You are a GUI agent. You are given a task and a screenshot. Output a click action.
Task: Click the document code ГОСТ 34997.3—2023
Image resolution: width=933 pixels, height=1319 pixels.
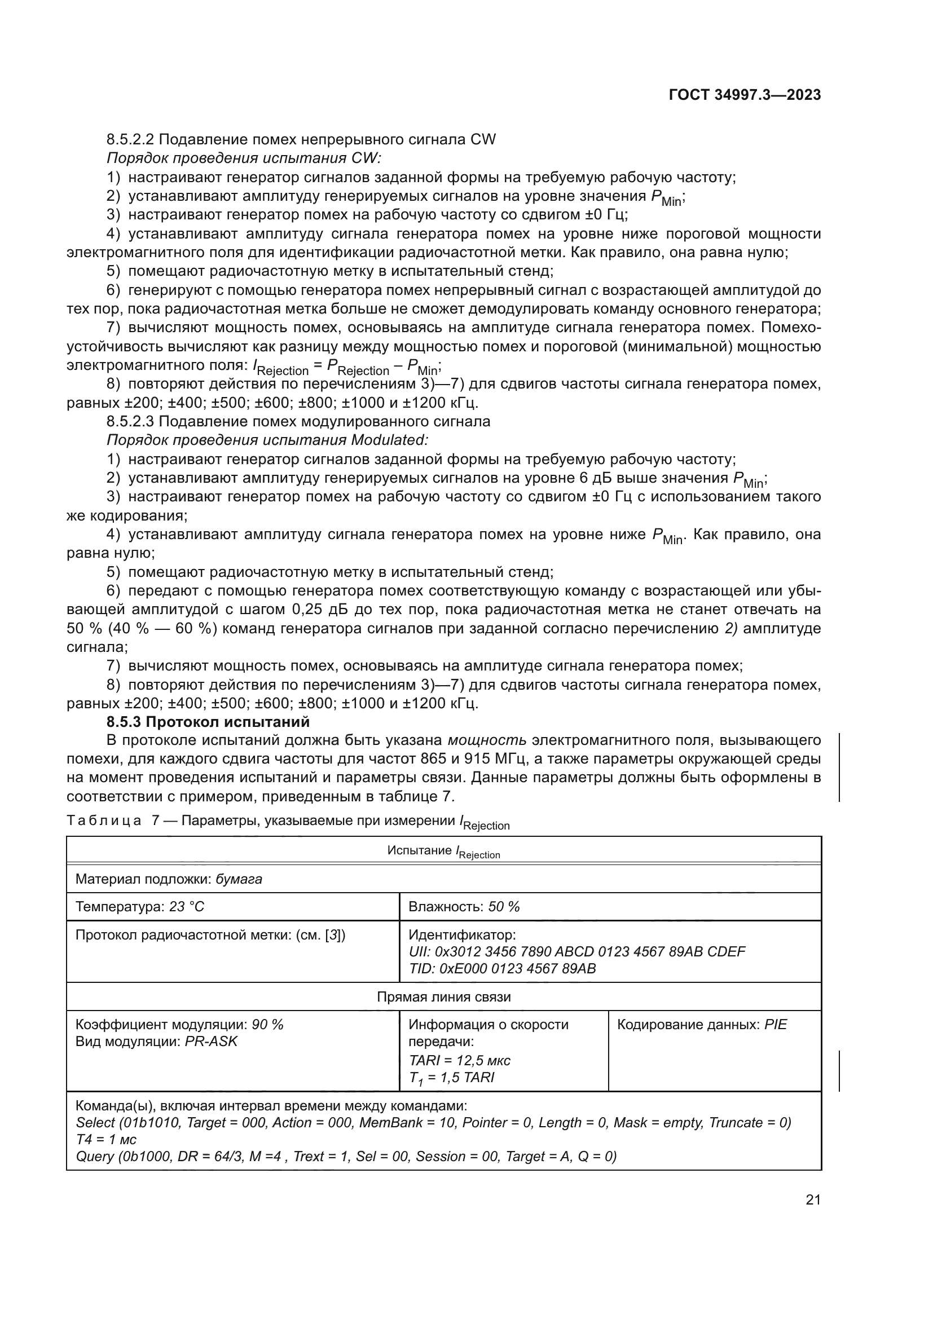745,95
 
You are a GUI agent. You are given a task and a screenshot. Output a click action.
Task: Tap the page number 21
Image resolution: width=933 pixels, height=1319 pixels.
813,1199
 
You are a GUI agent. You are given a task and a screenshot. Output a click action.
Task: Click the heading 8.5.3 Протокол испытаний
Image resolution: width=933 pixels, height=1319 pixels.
208,722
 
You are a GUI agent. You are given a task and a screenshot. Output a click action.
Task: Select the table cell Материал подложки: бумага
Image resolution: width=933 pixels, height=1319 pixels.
169,879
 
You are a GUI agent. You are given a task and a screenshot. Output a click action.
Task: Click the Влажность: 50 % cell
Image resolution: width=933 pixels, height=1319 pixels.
464,907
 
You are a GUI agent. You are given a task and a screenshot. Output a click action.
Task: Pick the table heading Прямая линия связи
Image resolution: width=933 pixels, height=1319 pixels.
443,996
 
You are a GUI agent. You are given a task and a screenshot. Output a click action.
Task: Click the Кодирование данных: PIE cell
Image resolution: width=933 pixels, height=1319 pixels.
702,1025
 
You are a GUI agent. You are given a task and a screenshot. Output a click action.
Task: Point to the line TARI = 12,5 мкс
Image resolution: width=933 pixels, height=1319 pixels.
459,1061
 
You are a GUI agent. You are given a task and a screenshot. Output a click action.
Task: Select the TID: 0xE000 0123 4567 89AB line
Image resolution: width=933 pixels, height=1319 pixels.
501,969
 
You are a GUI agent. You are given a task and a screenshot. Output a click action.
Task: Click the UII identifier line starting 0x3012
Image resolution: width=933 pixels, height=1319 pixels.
576,952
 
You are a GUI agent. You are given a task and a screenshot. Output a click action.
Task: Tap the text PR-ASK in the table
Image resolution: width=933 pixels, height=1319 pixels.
211,1042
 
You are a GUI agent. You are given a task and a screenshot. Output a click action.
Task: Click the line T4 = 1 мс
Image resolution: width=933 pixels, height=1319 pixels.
106,1139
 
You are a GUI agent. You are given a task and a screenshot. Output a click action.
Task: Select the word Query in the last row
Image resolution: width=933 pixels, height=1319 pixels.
95,1156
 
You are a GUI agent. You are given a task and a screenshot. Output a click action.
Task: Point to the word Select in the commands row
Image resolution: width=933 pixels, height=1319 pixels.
95,1123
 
